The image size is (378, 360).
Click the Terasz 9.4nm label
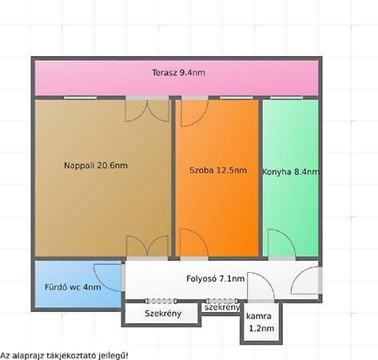coord(178,73)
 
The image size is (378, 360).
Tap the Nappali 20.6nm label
coord(96,166)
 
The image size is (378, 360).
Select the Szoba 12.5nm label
coord(218,170)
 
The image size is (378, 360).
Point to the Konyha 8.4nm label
coord(291,172)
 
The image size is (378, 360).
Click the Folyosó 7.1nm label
coord(215,278)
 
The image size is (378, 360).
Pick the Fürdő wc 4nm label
coord(73,287)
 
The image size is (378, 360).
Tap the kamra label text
coord(259,316)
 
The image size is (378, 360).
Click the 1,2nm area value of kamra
coord(261,328)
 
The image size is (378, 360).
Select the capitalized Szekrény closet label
coord(163,314)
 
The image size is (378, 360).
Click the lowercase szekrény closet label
coord(222,307)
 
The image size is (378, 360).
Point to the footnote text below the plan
coord(64,355)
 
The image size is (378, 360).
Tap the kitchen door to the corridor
coord(282,242)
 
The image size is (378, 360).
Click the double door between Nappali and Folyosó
coord(147,246)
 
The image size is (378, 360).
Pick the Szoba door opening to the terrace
coord(194,113)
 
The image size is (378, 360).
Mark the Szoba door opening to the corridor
coord(194,242)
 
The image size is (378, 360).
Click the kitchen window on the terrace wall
coord(286,98)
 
